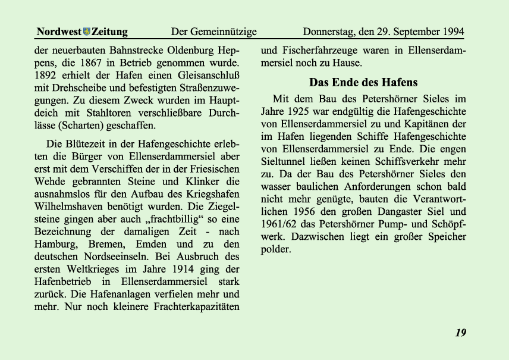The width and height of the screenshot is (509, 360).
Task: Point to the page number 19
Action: [x=461, y=333]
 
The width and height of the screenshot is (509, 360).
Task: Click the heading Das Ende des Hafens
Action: [x=363, y=83]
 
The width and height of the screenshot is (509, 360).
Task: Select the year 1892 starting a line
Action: [x=47, y=75]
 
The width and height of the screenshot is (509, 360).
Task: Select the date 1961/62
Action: [x=281, y=224]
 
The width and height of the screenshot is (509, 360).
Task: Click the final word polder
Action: [x=276, y=249]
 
